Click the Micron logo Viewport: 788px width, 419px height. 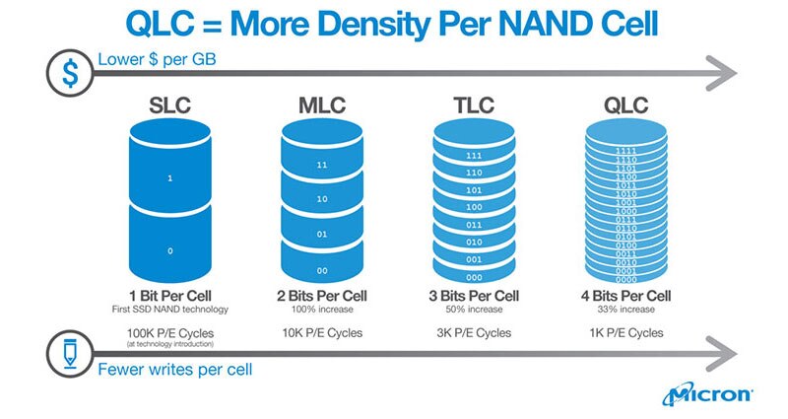click(x=709, y=395)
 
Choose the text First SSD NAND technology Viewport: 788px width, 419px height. click(x=171, y=311)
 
